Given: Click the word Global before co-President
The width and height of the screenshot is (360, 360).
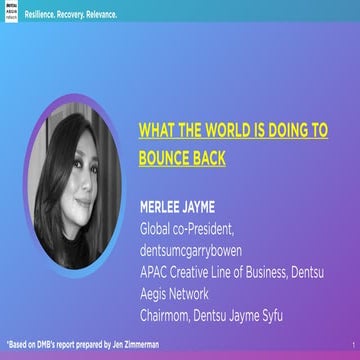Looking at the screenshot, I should coord(156,229).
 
